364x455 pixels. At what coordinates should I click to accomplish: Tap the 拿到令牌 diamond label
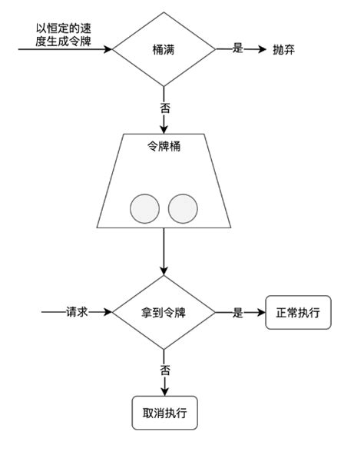(164, 313)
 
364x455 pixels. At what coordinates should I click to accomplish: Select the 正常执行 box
(298, 313)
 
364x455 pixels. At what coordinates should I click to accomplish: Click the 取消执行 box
(164, 413)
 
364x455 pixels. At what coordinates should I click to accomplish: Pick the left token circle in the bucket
(144, 208)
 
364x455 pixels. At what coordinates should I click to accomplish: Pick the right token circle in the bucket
(183, 208)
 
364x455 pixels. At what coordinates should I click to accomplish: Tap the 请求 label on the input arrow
(78, 313)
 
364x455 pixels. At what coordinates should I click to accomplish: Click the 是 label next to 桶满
(237, 48)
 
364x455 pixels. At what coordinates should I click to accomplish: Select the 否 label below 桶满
(164, 108)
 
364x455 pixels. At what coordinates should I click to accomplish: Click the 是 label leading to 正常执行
(237, 313)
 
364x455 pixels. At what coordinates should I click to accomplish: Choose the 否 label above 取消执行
(164, 370)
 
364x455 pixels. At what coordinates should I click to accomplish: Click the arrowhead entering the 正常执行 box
(261, 313)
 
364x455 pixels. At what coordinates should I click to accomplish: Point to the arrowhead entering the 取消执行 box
(164, 392)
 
